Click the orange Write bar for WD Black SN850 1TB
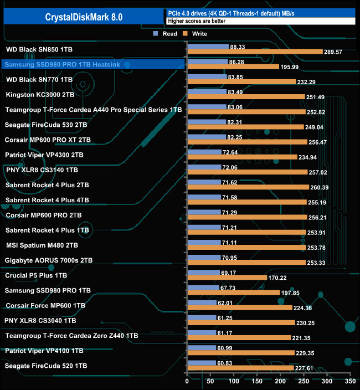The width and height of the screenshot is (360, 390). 255,52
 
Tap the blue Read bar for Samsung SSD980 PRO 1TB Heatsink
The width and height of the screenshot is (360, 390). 208,61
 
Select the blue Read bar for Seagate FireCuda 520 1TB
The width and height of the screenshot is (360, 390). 202,363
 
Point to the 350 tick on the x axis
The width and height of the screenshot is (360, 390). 349,382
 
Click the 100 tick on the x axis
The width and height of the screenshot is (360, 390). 234,382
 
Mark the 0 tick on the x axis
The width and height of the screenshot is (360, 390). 188,382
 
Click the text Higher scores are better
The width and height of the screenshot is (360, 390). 197,21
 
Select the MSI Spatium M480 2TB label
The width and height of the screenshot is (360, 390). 42,245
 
